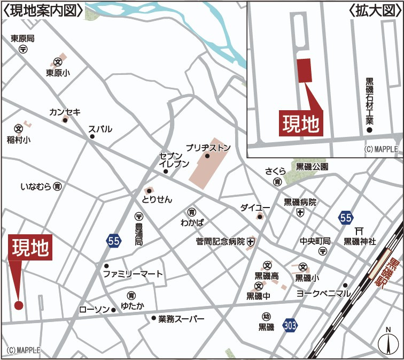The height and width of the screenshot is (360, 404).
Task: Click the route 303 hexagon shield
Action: pyautogui.click(x=291, y=324)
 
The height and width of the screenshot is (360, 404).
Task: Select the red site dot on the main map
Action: pyautogui.click(x=19, y=305)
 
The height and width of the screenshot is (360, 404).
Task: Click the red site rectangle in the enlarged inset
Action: pyautogui.click(x=304, y=70)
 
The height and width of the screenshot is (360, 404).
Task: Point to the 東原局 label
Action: pyautogui.click(x=22, y=39)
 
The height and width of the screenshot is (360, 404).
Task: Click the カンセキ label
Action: pyautogui.click(x=65, y=112)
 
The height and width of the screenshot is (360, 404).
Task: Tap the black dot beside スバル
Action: pyautogui.click(x=92, y=137)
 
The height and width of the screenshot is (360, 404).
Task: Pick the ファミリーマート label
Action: pyautogui.click(x=133, y=274)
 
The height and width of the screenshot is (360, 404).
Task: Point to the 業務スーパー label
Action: pyautogui.click(x=181, y=319)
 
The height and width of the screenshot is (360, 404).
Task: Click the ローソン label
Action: pyautogui.click(x=94, y=310)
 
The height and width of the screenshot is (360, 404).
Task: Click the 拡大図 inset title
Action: pyautogui.click(x=374, y=10)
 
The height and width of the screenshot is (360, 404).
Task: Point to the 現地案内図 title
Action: pyautogui.click(x=43, y=10)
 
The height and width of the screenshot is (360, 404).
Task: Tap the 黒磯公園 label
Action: pyautogui.click(x=313, y=167)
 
